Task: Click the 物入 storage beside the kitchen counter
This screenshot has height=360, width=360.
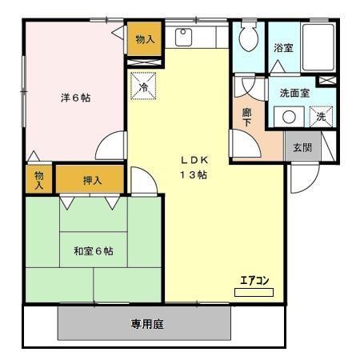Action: click(145, 39)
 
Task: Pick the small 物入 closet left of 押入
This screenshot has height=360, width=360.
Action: click(38, 178)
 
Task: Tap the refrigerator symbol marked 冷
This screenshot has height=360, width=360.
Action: click(144, 86)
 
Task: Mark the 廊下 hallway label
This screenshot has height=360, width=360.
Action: click(247, 118)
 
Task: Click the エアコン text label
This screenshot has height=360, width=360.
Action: click(255, 280)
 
